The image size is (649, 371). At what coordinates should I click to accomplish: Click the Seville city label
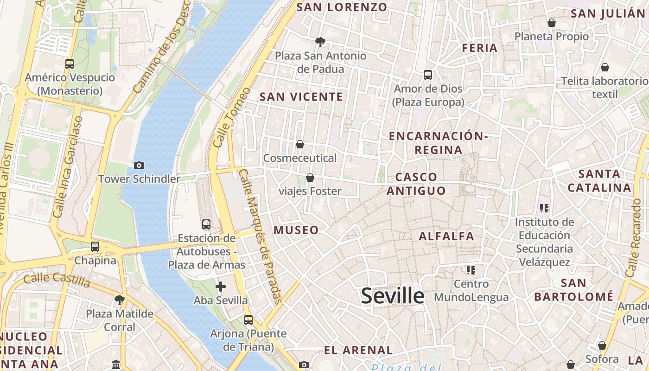pos(392,296)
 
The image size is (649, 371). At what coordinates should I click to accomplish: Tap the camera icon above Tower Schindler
pos(139,165)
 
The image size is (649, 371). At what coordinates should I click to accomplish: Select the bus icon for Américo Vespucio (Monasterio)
pos(70,64)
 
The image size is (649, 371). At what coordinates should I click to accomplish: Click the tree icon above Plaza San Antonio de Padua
pos(320,42)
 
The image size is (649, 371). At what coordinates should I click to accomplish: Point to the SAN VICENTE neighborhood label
pos(301,97)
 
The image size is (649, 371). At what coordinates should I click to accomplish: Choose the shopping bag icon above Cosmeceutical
pos(300,144)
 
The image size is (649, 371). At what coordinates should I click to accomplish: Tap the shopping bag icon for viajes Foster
pos(310,178)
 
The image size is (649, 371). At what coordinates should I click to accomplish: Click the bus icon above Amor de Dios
pos(428,75)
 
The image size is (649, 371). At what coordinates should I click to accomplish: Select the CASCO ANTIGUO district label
pos(416,184)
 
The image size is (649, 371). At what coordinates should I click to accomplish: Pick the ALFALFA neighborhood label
pos(446,237)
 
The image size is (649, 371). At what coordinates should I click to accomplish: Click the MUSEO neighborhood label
pos(296,230)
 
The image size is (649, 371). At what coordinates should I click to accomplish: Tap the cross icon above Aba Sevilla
pos(221,287)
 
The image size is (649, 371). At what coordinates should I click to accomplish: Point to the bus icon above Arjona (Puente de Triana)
pos(248,320)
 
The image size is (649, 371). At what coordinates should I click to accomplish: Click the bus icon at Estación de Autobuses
pos(206,224)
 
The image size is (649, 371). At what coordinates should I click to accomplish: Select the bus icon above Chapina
pos(95,246)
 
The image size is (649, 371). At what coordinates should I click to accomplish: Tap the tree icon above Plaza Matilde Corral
pos(120,300)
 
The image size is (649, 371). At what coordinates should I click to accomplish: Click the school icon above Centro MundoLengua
pos(471,270)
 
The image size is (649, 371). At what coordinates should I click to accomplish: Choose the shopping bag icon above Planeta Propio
pos(552,22)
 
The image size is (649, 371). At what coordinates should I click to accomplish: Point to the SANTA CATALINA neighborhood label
pos(599,181)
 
